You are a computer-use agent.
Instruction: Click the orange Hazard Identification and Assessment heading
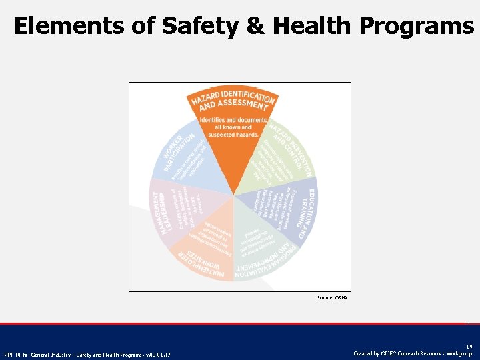[x=233, y=101]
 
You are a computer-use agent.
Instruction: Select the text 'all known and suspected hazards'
[x=229, y=131]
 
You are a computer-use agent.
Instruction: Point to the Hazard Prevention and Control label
[x=291, y=149]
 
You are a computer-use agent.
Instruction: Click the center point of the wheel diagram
[x=234, y=196]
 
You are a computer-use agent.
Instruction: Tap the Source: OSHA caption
[x=331, y=297]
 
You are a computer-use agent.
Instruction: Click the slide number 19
[x=468, y=345]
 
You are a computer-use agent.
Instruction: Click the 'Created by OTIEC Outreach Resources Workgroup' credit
[x=413, y=353]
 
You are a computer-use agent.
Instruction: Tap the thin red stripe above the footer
[x=240, y=323]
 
